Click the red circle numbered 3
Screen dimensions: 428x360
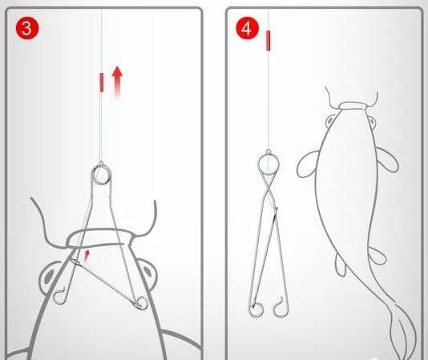coord(27,28)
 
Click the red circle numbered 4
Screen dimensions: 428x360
coord(247,28)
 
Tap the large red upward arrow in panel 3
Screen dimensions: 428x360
coord(118,82)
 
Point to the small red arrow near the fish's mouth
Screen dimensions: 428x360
coord(87,257)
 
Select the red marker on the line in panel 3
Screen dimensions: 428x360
coord(102,83)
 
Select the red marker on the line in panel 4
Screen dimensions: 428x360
coord(269,41)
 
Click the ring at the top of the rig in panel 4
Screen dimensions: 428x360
coord(259,163)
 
